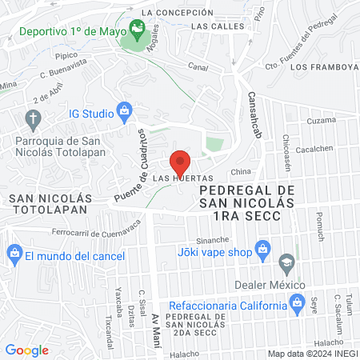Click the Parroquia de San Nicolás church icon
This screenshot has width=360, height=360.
pos(33,121)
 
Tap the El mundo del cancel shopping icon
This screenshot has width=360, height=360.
pos(14,255)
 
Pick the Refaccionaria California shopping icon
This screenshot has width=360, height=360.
pos(297,304)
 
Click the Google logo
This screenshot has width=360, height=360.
pos(27,350)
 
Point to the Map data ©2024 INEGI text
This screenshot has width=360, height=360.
pos(311,353)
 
